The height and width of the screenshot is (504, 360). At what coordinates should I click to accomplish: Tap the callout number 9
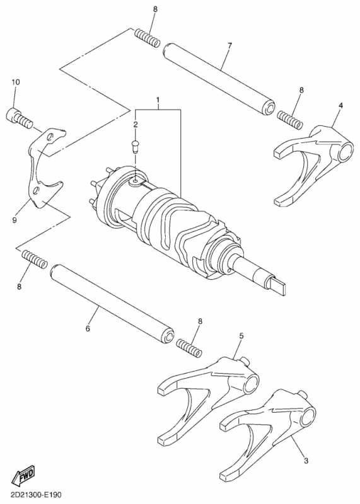15,220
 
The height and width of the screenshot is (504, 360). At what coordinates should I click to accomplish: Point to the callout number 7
229,45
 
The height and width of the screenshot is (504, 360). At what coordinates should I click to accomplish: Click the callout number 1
158,100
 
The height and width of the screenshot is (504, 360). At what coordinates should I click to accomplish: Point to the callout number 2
135,125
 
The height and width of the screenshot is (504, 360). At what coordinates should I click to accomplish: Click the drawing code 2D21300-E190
35,496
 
